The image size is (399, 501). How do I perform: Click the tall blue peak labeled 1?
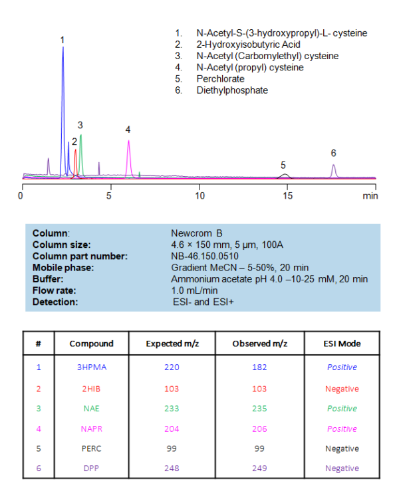(63, 80)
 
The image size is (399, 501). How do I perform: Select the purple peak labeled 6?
(334, 170)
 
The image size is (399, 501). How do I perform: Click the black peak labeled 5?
(284, 175)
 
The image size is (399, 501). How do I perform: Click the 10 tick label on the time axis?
(199, 196)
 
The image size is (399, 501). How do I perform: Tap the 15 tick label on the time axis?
(287, 196)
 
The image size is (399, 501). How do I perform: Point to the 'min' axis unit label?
(370, 196)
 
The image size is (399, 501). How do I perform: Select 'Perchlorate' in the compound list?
(216, 78)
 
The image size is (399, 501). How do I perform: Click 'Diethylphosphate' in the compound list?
(232, 90)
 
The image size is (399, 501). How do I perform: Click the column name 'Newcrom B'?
(196, 233)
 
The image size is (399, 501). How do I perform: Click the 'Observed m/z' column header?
(260, 344)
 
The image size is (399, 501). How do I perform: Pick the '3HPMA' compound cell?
(91, 367)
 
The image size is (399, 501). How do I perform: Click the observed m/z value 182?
(260, 367)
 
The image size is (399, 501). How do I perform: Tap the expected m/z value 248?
(162, 468)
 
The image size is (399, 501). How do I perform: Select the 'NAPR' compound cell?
(91, 430)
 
